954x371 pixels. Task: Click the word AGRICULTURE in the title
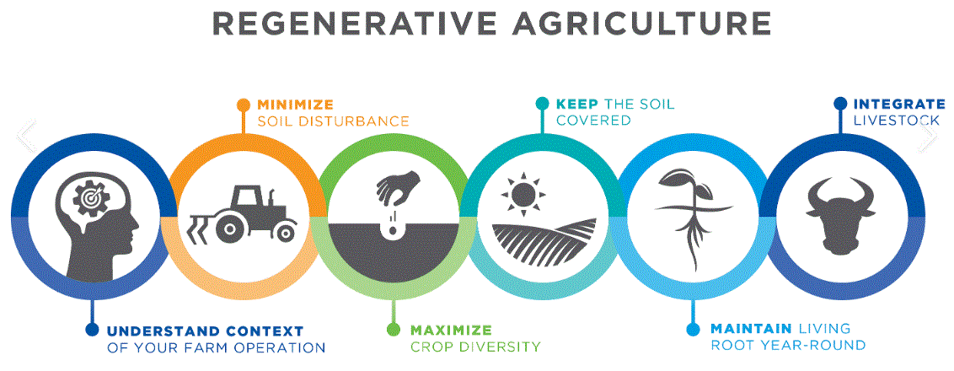pos(645,23)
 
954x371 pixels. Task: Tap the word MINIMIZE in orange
pos(295,105)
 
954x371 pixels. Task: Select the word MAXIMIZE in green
pos(451,330)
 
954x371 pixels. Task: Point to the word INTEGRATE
pos(895,105)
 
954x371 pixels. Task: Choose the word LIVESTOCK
pos(896,121)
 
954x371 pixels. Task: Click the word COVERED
pos(593,121)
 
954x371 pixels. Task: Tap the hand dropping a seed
pos(397,186)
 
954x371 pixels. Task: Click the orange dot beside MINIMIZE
pos(244,105)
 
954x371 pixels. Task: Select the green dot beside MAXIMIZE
pos(393,330)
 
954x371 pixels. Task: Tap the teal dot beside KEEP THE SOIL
pos(542,105)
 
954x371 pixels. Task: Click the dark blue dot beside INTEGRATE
pos(840,105)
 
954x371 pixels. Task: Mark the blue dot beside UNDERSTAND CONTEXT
pos(92,330)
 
